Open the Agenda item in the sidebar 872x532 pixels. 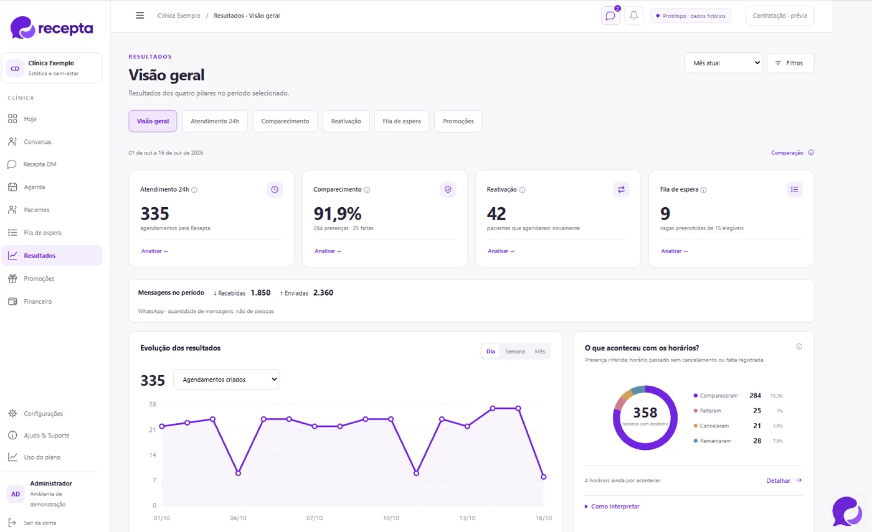coord(34,187)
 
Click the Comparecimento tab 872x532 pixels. coord(285,121)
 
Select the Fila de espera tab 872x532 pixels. coord(402,121)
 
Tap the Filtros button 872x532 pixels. coord(790,63)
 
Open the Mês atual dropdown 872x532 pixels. coord(723,63)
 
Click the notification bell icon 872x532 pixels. coord(634,16)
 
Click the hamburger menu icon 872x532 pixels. coord(140,16)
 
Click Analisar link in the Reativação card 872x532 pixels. coord(501,251)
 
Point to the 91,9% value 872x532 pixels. coord(338,213)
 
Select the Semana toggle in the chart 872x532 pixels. coord(514,351)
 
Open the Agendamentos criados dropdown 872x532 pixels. coord(226,380)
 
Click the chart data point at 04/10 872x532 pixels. coord(238,474)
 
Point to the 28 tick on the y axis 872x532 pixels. coord(153,404)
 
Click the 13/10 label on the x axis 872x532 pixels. coord(467,518)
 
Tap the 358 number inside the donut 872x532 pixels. coord(645,413)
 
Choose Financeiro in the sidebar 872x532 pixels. coord(37,301)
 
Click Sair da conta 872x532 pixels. coord(40,523)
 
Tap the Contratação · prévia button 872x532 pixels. coord(780,16)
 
